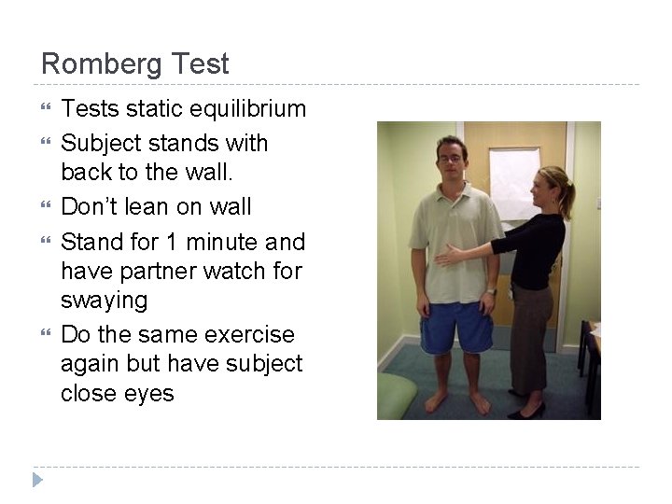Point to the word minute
224,243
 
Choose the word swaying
104,301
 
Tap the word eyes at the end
150,394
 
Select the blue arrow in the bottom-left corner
37,481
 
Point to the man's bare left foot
480,403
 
